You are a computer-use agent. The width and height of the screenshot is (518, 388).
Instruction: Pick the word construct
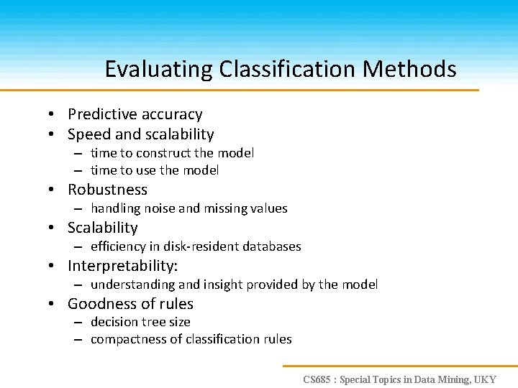[163, 153]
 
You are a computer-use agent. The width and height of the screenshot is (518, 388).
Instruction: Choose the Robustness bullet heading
[107, 190]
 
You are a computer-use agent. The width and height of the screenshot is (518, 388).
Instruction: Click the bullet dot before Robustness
[53, 190]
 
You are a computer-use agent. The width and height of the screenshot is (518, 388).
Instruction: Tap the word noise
[159, 208]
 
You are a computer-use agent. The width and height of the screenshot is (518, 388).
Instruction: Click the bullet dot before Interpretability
[53, 267]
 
